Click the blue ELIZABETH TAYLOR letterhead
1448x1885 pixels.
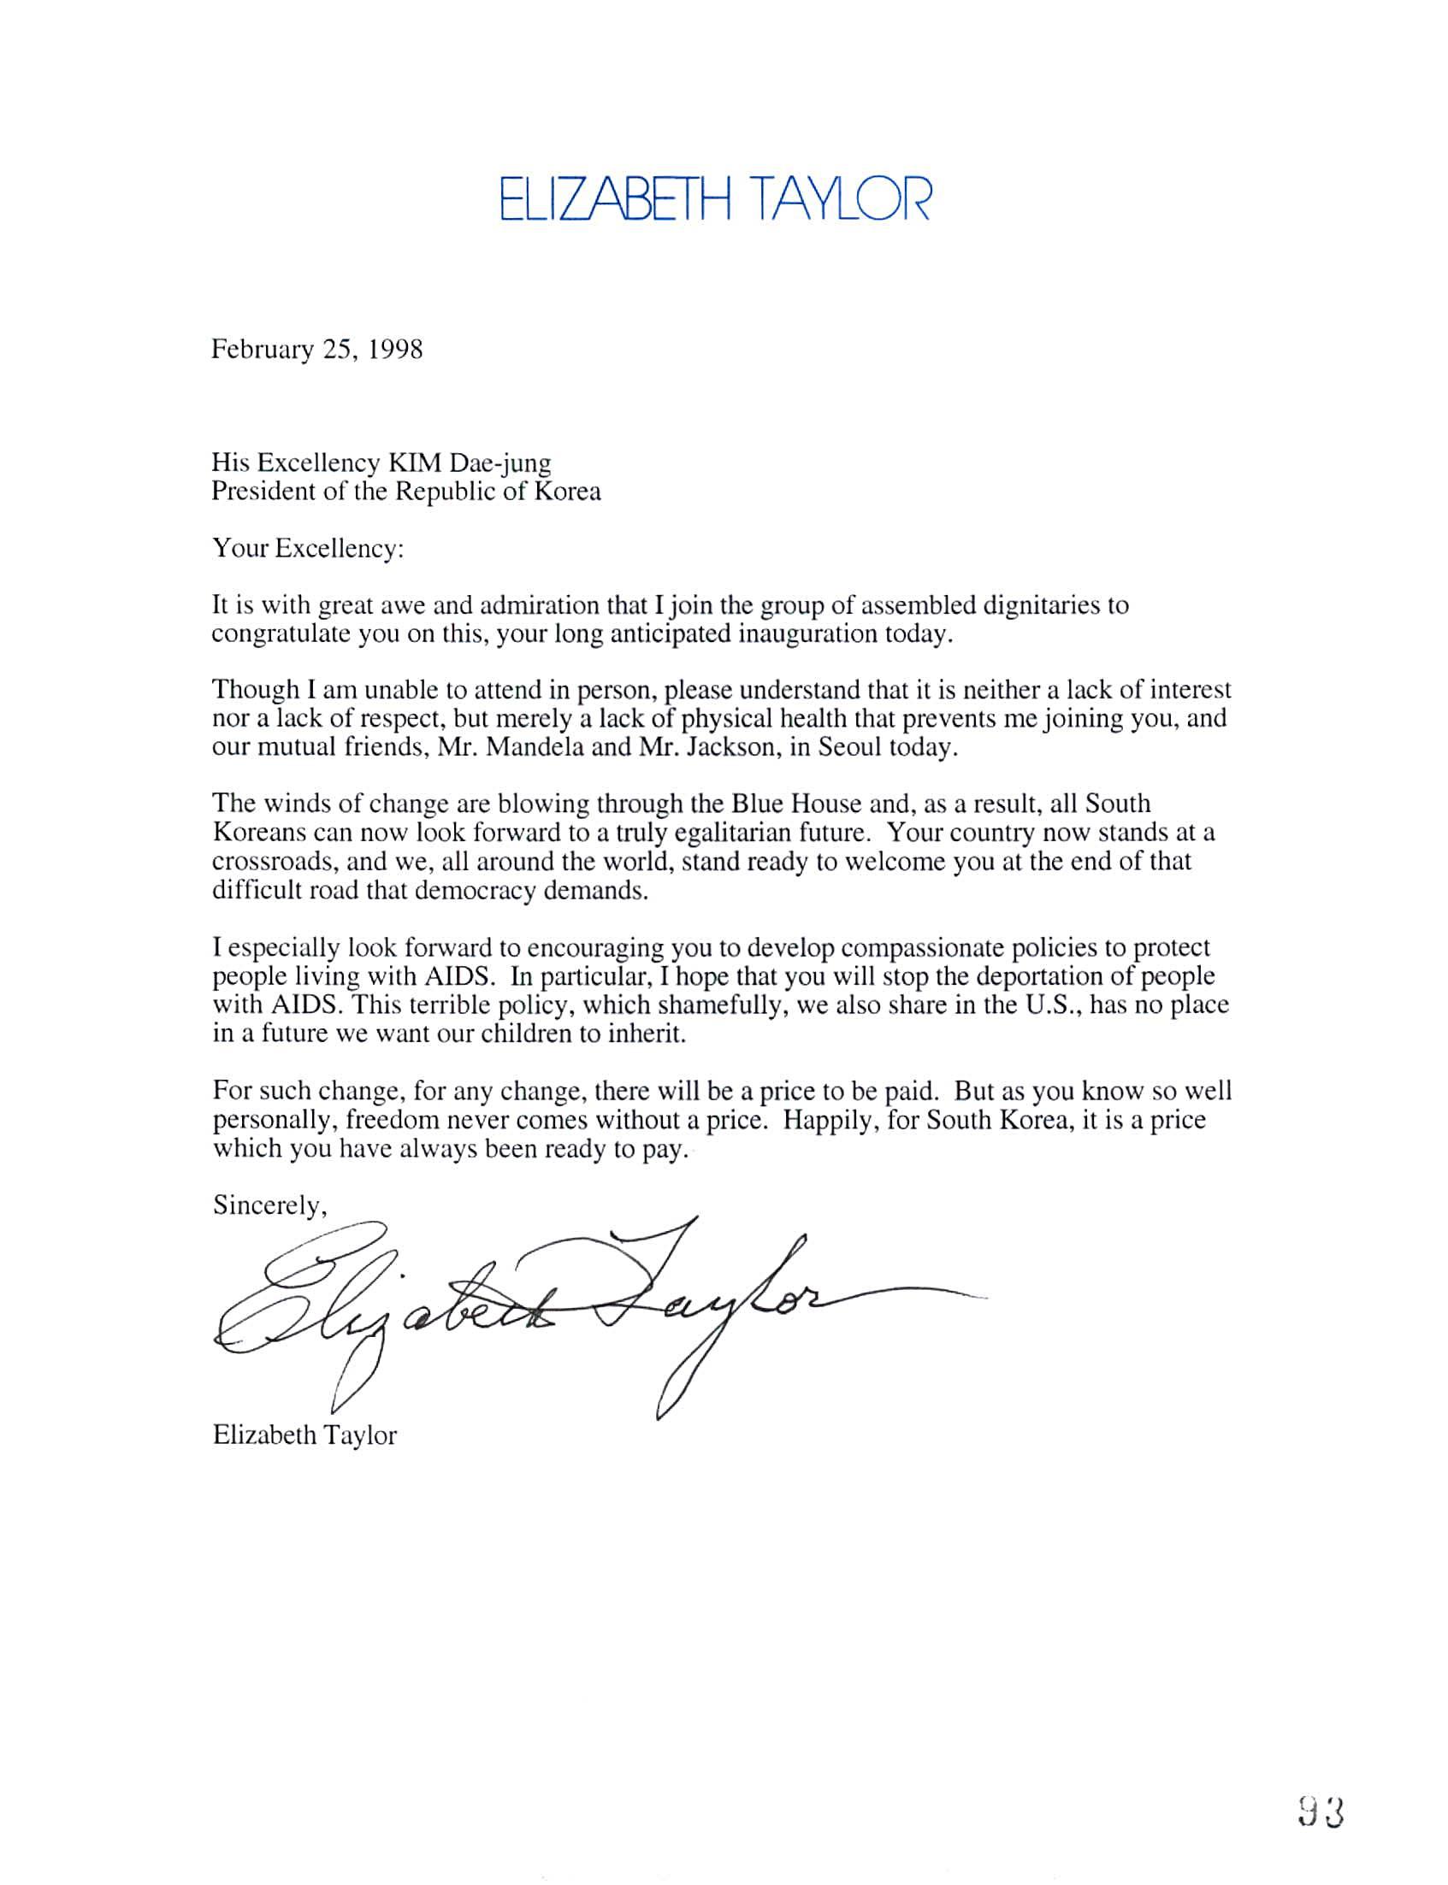[714, 199]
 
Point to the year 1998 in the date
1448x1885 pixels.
[396, 350]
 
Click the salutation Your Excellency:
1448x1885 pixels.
[308, 549]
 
